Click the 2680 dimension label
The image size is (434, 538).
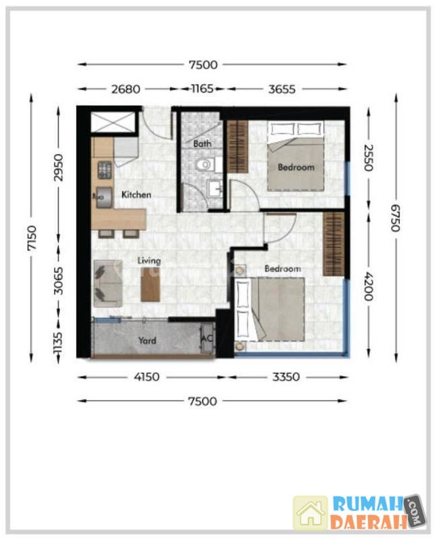coord(126,89)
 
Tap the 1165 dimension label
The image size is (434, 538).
coord(203,89)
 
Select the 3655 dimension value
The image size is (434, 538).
coord(281,89)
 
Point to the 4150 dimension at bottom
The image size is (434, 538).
coord(147,377)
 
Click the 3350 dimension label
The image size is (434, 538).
coord(286,377)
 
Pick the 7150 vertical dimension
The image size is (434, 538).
coord(32,238)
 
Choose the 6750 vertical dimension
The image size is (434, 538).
coord(396,218)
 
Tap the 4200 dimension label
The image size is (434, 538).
coord(369,286)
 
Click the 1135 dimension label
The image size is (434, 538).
coord(58,343)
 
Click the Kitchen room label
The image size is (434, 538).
coord(137,194)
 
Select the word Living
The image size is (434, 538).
coord(149,261)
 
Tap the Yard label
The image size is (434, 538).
coord(147,340)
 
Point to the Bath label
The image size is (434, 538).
coord(203,143)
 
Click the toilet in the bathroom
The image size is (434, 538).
coord(205,165)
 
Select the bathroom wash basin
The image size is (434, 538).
coord(215,188)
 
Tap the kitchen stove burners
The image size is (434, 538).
coord(105,169)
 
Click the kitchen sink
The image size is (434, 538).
coord(104,197)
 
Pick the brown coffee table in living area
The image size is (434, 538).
coord(151,284)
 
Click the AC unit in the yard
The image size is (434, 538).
coord(207,339)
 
